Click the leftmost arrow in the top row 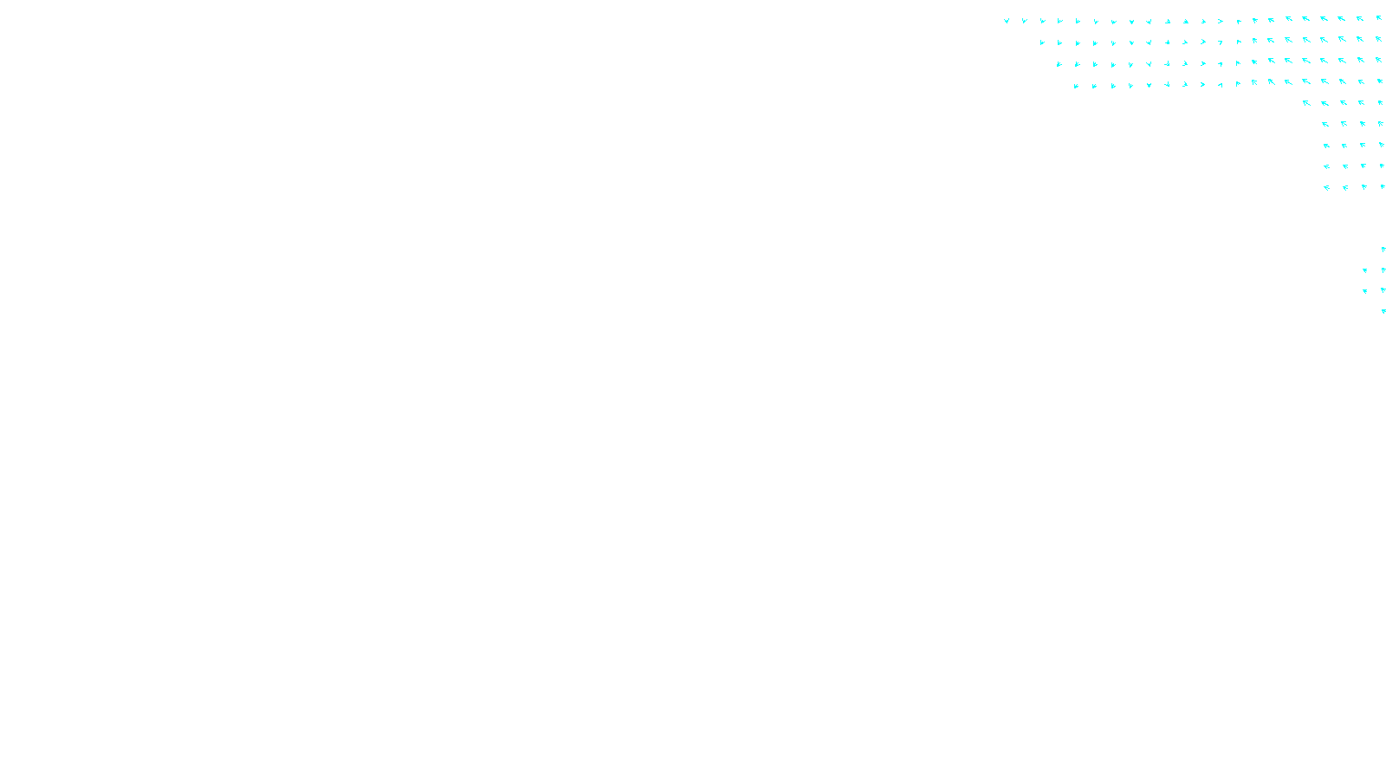tap(1007, 21)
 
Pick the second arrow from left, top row tap(1024, 21)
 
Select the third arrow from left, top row tap(1042, 21)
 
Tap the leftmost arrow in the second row tap(1042, 42)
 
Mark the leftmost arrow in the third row tap(1059, 64)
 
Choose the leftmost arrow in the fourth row tap(1076, 86)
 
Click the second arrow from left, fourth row tap(1094, 86)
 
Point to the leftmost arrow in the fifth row tap(1306, 103)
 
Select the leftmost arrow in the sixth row tap(1325, 124)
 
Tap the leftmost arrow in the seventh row tap(1326, 146)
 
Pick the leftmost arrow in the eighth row tap(1326, 166)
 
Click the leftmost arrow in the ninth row tap(1326, 187)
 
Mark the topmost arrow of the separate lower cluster tap(1383, 250)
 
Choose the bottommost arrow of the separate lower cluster tap(1383, 311)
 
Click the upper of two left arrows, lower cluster tap(1365, 270)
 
